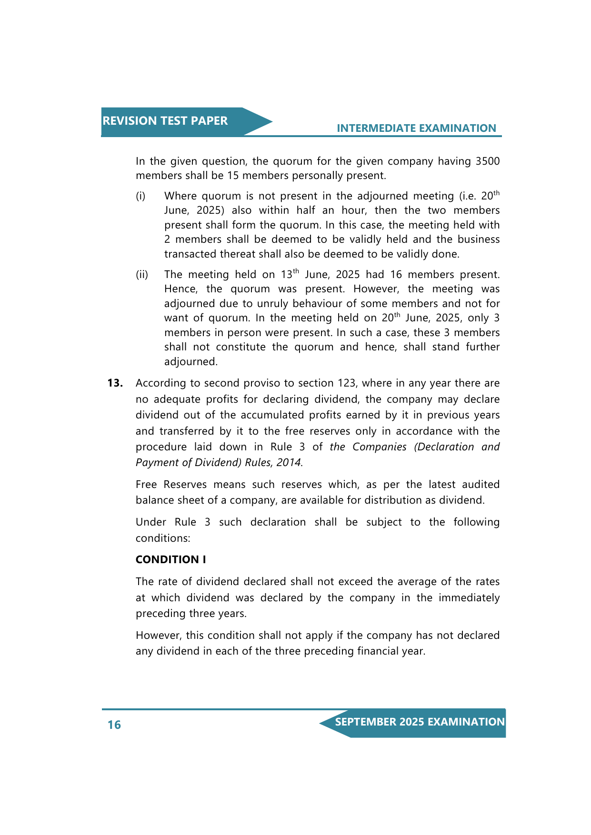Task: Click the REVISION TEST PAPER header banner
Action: point(165,121)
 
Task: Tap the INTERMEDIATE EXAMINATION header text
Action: point(416,128)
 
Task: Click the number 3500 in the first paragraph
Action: point(487,161)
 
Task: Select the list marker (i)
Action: point(140,196)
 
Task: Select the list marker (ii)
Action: point(142,275)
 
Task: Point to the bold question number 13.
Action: point(115,383)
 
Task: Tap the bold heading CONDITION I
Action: point(170,559)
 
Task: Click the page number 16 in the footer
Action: point(114,725)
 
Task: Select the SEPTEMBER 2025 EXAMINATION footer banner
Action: point(420,722)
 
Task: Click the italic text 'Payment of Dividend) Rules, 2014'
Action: point(219,462)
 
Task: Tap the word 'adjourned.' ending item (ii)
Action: point(190,362)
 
